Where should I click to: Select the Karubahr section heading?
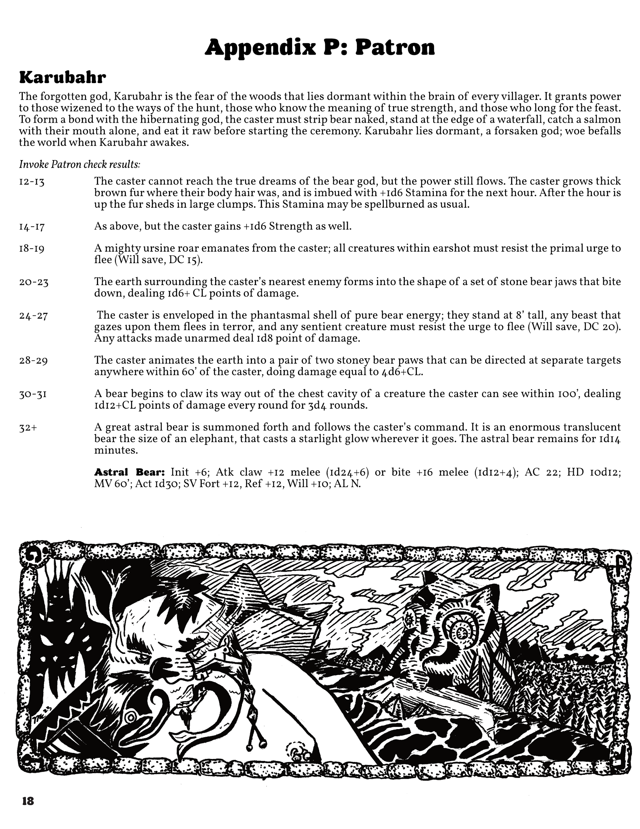63,77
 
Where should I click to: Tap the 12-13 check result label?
32,182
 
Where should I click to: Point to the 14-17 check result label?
32,227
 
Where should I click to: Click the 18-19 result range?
32,249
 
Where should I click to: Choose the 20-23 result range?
34,282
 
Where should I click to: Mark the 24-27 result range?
34,316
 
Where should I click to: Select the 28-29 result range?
34,361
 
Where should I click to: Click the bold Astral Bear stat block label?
129,473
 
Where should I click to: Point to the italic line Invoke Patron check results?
80,164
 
